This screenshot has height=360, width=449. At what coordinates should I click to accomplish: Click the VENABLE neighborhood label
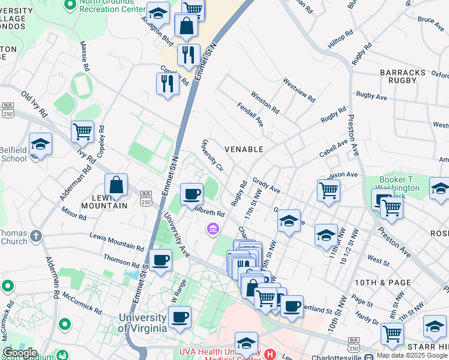(244, 149)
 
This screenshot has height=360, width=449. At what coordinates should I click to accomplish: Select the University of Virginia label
(142, 323)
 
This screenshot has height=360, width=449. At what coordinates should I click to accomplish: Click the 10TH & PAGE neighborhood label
(391, 282)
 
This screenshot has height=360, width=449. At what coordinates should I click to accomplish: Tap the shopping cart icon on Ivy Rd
(82, 131)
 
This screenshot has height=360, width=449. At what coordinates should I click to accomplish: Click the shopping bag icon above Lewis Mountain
(116, 185)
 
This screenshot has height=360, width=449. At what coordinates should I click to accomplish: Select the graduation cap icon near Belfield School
(40, 145)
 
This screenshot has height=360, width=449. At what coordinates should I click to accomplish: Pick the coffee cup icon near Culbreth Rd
(191, 194)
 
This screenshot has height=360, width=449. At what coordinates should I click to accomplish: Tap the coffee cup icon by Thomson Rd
(160, 260)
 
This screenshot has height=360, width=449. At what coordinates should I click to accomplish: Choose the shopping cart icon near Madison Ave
(328, 190)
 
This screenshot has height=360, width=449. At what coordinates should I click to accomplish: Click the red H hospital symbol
(270, 354)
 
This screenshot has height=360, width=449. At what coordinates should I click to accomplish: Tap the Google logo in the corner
(19, 353)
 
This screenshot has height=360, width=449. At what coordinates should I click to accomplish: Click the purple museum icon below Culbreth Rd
(212, 229)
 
